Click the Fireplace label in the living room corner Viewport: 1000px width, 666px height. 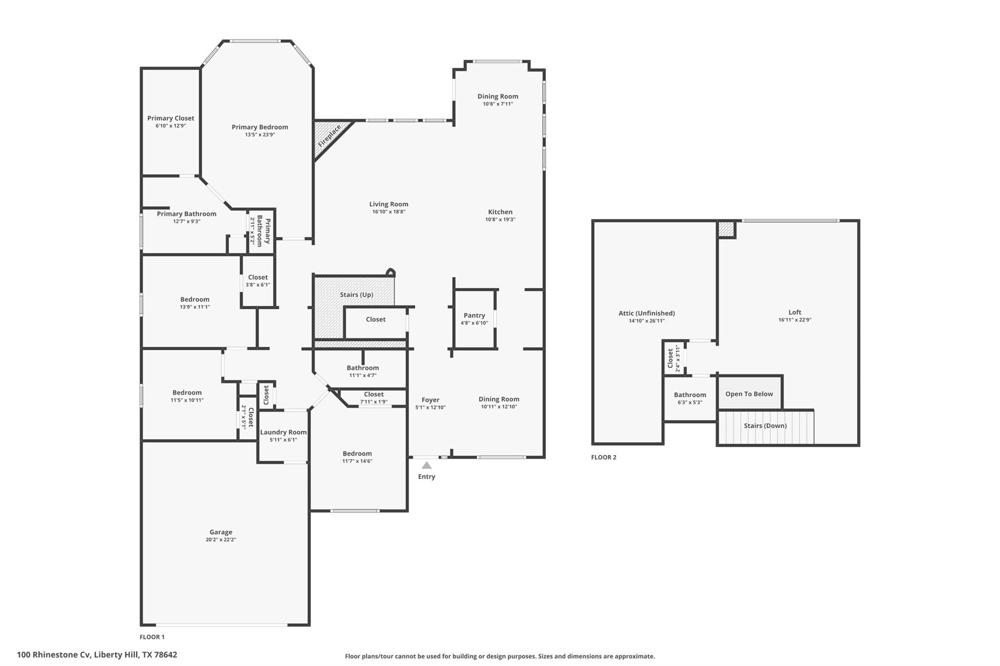coord(330,136)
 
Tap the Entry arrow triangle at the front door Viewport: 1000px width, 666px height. coord(426,465)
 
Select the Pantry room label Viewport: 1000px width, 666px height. coord(474,315)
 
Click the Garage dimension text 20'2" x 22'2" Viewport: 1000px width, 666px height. coord(221,540)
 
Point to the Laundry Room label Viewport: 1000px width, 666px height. coord(283,432)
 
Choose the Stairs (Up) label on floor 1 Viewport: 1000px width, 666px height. coord(356,295)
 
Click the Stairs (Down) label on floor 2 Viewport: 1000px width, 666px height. coord(765,425)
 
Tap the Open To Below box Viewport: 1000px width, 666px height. coord(749,394)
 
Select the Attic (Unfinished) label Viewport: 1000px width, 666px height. coord(646,313)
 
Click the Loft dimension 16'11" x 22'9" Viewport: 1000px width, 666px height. coord(794,320)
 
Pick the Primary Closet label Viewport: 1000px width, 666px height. coord(171,118)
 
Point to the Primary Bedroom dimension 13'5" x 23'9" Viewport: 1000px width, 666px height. coord(260,135)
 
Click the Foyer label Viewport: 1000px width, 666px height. coord(430,400)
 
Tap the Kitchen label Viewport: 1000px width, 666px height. coord(500,212)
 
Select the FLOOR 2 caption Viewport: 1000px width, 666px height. coord(604,457)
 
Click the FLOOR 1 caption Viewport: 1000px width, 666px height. coord(152,637)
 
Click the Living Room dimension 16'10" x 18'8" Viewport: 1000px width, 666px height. coord(389,212)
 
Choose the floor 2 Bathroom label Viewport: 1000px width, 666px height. coord(689,395)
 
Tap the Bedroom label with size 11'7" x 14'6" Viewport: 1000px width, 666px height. coord(357,453)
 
